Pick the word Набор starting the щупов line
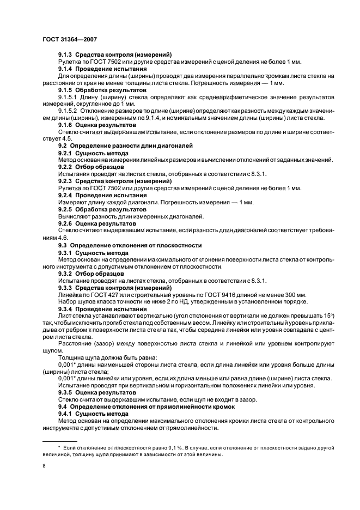point(68,302)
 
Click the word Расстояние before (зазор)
point(77,344)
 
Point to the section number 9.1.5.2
point(69,111)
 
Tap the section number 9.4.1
point(65,414)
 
